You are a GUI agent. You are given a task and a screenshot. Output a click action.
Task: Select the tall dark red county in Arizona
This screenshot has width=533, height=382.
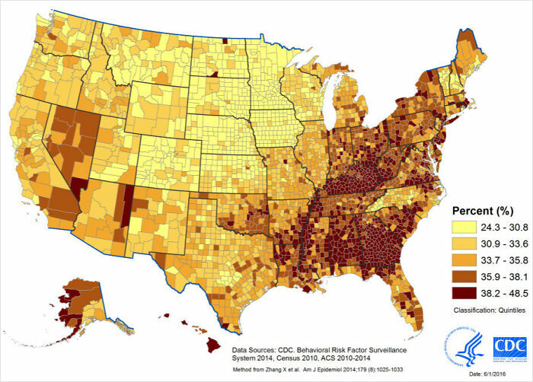point(127,205)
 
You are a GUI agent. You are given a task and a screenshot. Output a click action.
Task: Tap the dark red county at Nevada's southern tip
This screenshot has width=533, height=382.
point(80,186)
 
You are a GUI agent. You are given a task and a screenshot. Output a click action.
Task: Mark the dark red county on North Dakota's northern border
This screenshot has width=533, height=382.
point(225,42)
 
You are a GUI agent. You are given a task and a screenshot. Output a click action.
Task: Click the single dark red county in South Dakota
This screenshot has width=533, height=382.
point(214,75)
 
